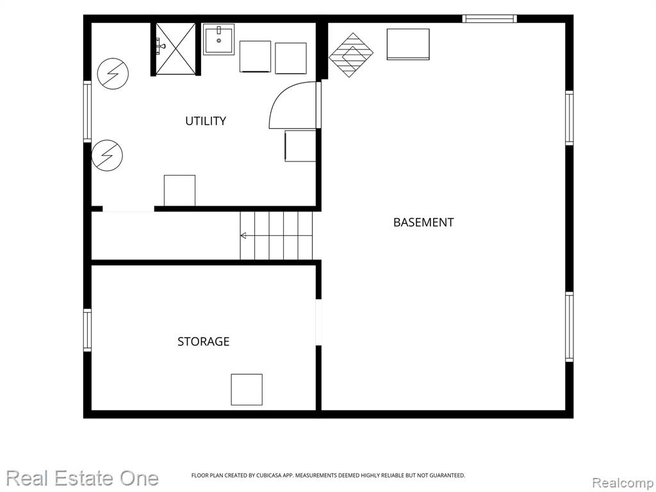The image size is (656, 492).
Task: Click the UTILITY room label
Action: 206,121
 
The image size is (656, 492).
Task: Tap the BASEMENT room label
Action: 423,222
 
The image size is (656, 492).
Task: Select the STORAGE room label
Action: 203,342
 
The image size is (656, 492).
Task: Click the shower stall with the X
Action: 176,49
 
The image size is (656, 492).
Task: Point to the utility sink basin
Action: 219,39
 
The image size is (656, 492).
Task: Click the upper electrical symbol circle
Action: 113,74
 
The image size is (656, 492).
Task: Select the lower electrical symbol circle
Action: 107,155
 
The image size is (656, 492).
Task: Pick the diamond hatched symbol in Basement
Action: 351,55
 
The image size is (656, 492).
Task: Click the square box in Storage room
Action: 247,389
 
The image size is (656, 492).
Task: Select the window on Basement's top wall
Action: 489,19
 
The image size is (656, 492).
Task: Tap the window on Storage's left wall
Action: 87,330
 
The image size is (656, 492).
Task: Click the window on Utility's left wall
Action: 87,111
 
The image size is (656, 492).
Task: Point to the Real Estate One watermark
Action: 83,478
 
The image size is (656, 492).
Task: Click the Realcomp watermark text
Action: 623,482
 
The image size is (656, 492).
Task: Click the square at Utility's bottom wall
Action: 179,190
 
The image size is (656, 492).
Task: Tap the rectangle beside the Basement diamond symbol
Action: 408,44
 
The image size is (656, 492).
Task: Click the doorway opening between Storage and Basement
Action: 318,322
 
